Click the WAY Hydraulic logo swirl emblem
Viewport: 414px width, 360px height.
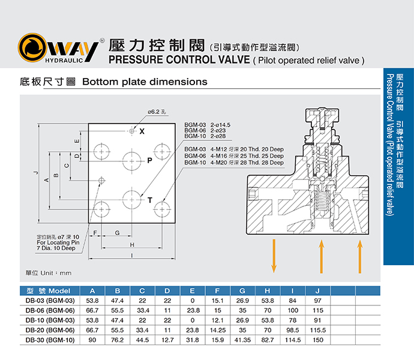(31, 49)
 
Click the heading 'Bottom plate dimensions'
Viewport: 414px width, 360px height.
(144, 82)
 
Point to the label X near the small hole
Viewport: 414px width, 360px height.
(142, 131)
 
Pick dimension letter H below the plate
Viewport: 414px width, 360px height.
(131, 245)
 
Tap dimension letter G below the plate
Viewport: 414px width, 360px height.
(118, 232)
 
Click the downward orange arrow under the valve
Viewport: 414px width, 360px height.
(274, 255)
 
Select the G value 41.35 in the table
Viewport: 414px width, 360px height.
(242, 340)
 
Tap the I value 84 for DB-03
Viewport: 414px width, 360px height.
(293, 300)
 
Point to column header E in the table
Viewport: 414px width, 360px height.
(193, 290)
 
